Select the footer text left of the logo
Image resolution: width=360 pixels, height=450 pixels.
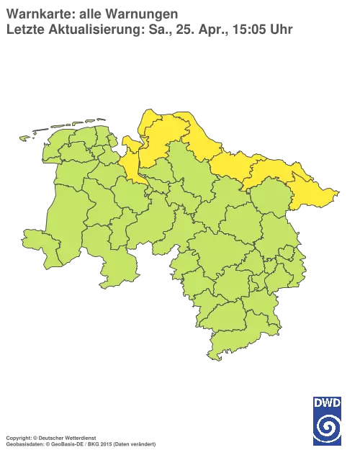[x=79, y=437]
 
